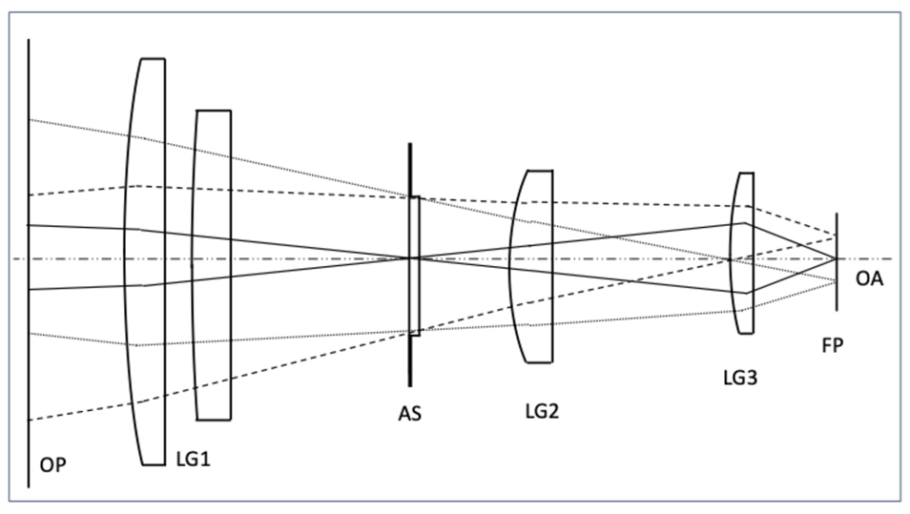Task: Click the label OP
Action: point(55,465)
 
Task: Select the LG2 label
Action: point(542,412)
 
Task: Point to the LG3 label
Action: point(740,379)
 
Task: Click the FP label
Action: point(833,346)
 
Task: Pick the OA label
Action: point(869,278)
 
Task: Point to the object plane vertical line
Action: point(29,381)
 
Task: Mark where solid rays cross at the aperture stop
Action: point(410,258)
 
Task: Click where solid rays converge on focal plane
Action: point(838,258)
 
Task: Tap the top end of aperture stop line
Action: point(410,145)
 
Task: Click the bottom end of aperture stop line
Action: point(410,385)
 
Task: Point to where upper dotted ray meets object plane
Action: point(29,119)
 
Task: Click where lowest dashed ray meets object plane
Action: point(29,420)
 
